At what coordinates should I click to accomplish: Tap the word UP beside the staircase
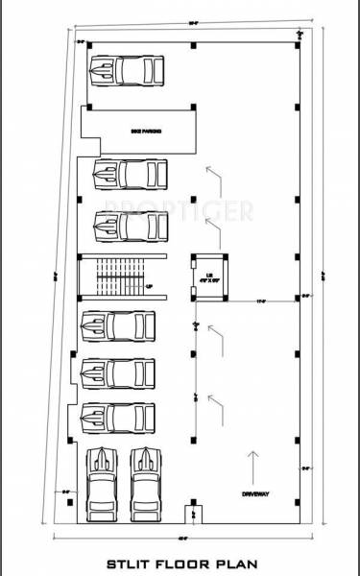click(150, 285)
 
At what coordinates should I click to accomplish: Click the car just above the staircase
click(130, 227)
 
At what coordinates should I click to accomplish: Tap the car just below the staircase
click(117, 326)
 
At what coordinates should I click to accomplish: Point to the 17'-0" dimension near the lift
click(259, 301)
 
